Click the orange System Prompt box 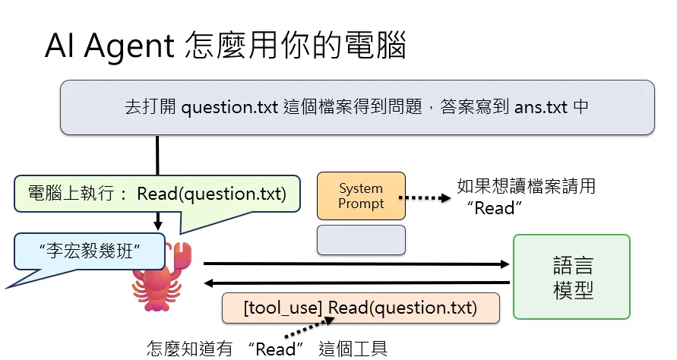pyautogui.click(x=361, y=196)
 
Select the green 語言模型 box pyautogui.click(x=571, y=277)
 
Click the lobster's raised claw pyautogui.click(x=182, y=254)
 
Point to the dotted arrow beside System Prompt pyautogui.click(x=425, y=198)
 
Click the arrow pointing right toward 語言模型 pyautogui.click(x=356, y=264)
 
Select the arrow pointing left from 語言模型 pyautogui.click(x=356, y=283)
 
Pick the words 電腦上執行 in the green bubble pyautogui.click(x=71, y=194)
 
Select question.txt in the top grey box pyautogui.click(x=229, y=107)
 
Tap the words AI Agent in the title pyautogui.click(x=109, y=46)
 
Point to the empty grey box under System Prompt pyautogui.click(x=361, y=240)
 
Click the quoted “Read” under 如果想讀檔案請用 pyautogui.click(x=495, y=209)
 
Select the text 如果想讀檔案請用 pyautogui.click(x=527, y=187)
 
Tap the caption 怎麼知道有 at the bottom pyautogui.click(x=190, y=349)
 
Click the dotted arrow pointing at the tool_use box pyautogui.click(x=309, y=327)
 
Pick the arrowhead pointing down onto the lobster pyautogui.click(x=158, y=226)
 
